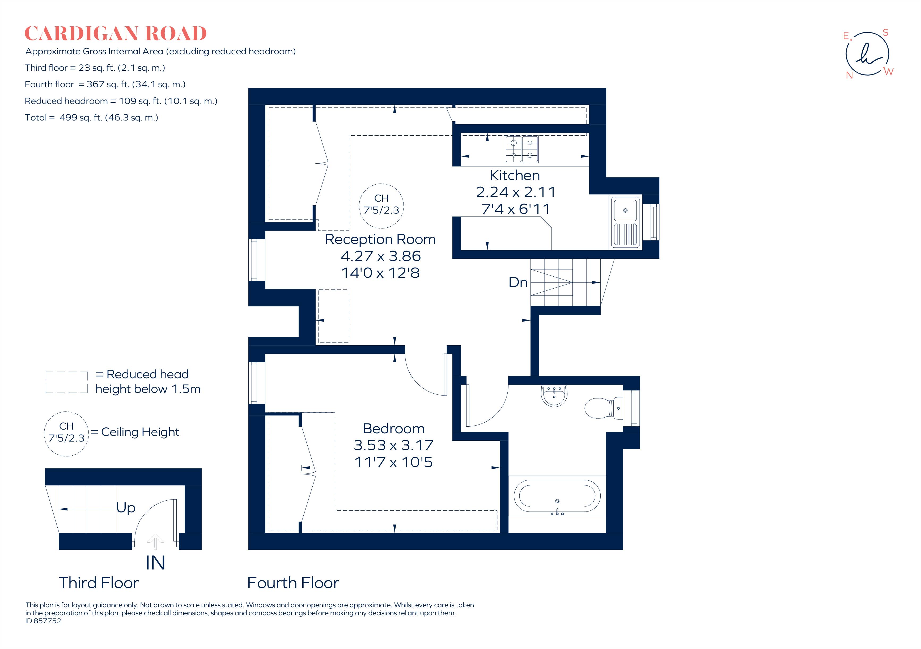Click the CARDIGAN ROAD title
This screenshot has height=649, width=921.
click(116, 34)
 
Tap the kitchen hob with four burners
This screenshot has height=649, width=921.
click(521, 149)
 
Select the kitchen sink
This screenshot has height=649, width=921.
click(625, 222)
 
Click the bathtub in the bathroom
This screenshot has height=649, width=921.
click(557, 496)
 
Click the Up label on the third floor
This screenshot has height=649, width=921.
click(126, 508)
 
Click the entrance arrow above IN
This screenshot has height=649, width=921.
click(155, 541)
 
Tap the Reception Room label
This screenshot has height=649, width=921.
click(380, 239)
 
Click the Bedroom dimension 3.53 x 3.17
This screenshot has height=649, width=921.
click(393, 445)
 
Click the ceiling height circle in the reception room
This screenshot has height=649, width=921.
click(381, 206)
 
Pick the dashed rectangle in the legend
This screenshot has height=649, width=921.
click(67, 382)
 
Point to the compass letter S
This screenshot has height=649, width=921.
click(885, 32)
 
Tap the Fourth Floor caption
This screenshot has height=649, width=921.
click(293, 583)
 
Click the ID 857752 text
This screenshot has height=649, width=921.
click(43, 621)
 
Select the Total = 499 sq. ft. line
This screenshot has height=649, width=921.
click(91, 118)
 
